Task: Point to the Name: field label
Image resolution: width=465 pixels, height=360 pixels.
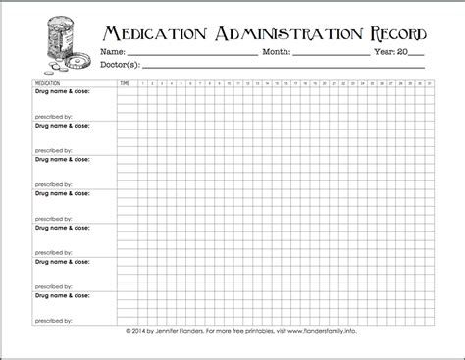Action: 113,51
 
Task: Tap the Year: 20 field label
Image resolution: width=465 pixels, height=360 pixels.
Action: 390,51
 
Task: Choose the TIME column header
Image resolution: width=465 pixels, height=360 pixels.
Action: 124,84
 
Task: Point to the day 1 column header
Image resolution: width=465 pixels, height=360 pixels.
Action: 142,84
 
